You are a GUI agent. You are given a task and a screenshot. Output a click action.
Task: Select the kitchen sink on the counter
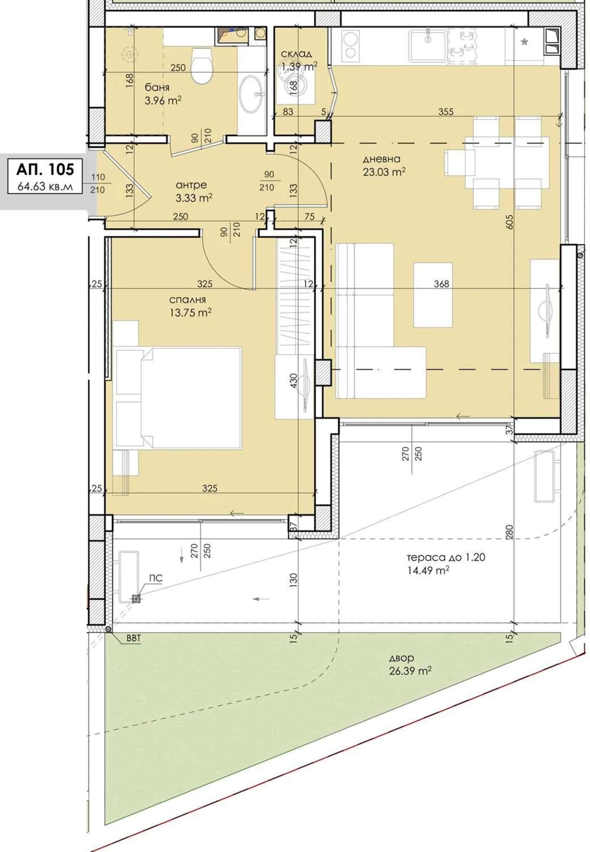(428, 46)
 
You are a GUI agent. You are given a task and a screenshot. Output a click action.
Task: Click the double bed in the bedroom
(177, 398)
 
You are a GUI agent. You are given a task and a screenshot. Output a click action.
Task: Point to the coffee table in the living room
(433, 295)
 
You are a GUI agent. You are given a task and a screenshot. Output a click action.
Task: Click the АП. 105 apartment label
(45, 169)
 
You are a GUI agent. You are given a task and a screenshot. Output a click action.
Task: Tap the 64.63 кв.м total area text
(45, 186)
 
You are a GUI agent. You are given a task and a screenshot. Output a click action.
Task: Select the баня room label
(157, 87)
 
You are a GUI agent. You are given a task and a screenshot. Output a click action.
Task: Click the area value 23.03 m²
(384, 172)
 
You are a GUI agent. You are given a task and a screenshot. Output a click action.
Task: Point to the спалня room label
(188, 300)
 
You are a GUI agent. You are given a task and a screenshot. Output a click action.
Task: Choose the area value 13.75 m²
(191, 313)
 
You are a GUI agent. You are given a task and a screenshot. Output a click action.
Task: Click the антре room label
(191, 185)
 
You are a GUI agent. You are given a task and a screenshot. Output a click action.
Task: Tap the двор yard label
(402, 658)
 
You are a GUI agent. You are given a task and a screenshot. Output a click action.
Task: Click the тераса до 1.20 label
(446, 557)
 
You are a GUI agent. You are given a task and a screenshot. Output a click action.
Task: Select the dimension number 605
(509, 222)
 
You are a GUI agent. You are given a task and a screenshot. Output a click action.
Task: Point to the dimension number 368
(441, 284)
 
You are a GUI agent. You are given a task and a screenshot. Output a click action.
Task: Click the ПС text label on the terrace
(156, 578)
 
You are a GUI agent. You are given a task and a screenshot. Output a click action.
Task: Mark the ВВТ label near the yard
(133, 639)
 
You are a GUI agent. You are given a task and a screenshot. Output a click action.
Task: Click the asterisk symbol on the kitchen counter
(524, 42)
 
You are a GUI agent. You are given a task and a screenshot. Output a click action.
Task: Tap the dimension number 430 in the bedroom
(293, 381)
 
